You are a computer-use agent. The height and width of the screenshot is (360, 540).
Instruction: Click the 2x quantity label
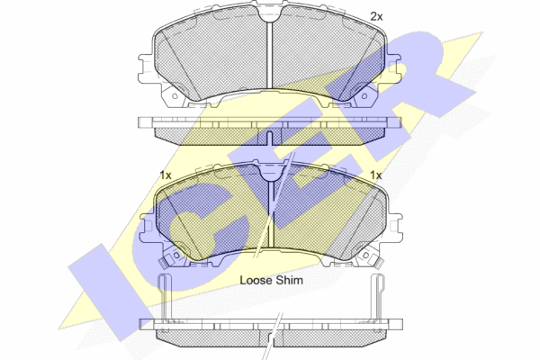pos(376,16)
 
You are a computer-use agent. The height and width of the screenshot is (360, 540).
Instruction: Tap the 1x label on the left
pos(166,175)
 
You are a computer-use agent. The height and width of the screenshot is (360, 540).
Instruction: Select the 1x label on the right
pos(375,175)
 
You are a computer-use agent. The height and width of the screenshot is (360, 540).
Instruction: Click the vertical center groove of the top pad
pos(270,54)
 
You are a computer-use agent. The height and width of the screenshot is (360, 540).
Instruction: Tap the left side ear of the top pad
pos(146,68)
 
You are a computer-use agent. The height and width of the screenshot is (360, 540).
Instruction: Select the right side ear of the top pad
pos(393,68)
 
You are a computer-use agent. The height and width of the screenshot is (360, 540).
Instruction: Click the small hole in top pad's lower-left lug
pos(175,96)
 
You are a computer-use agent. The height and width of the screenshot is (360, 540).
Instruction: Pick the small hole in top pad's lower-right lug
pos(364,96)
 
